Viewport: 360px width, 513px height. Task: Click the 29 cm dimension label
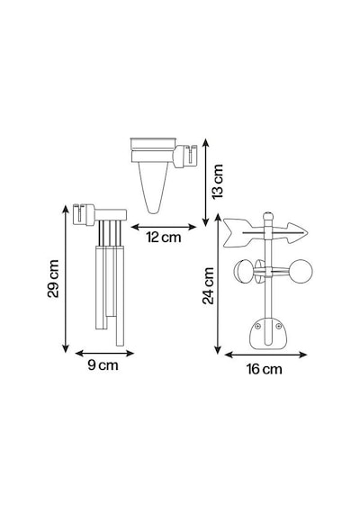point(53,278)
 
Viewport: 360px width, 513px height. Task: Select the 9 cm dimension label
point(103,365)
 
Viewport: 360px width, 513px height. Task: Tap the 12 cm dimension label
point(163,237)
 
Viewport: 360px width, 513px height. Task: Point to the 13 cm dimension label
point(217,181)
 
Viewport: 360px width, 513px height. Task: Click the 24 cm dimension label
point(208,285)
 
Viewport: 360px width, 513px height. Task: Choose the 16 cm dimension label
point(264,369)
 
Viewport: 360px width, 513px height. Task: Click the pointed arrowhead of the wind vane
point(297,233)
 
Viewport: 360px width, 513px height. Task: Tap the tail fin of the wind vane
point(238,232)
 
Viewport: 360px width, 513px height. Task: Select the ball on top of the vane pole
point(268,216)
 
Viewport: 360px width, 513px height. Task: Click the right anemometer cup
point(301,271)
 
